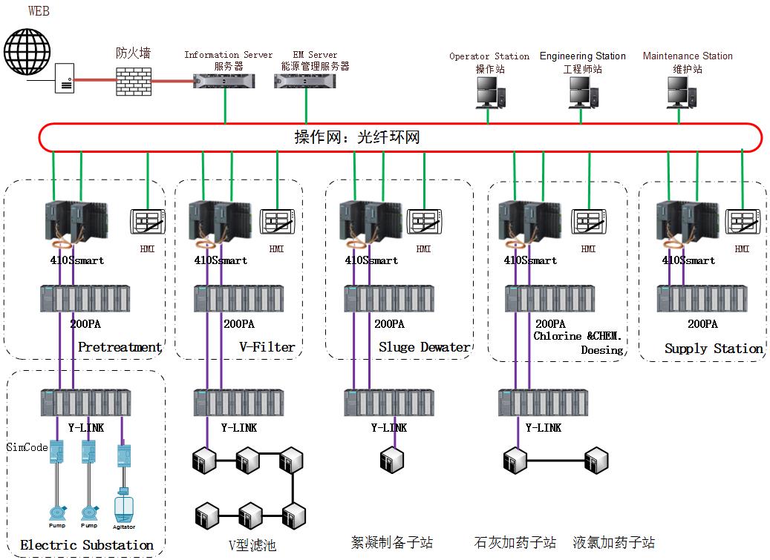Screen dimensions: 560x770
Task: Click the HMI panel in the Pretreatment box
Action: click(x=146, y=222)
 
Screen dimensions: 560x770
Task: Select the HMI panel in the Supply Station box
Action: click(x=743, y=222)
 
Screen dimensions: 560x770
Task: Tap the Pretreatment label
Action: click(x=120, y=347)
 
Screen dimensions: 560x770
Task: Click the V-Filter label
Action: click(x=267, y=346)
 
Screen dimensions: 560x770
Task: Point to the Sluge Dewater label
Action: click(x=424, y=347)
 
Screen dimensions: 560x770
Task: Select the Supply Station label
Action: click(x=714, y=349)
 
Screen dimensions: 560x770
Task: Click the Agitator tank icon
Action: click(x=124, y=508)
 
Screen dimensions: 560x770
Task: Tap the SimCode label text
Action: click(x=27, y=447)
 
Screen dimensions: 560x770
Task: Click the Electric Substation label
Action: click(x=86, y=545)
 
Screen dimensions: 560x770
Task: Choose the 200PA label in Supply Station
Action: click(x=702, y=324)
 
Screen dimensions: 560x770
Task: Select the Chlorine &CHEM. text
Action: click(x=578, y=336)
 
